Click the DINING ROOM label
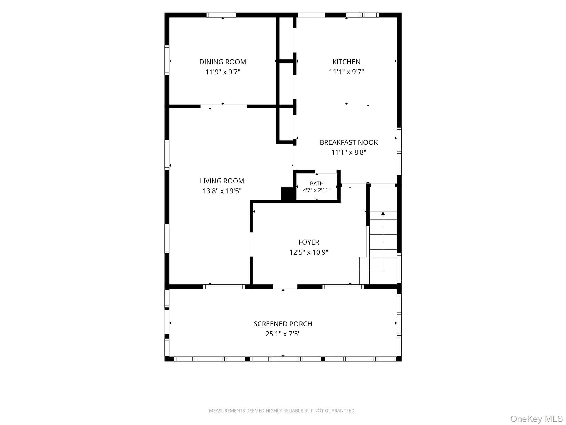[x=223, y=62]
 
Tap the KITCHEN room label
[x=346, y=62]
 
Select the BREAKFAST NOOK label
[x=349, y=142]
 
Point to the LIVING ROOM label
[x=222, y=181]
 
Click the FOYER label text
[x=309, y=242]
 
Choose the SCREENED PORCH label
[x=283, y=324]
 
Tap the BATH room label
[x=317, y=183]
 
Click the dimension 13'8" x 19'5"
[x=222, y=191]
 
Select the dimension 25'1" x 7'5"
[x=283, y=334]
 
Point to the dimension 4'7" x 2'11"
[x=317, y=190]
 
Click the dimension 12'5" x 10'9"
[x=309, y=252]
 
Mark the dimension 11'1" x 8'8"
[x=349, y=152]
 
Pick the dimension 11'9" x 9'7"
[x=223, y=72]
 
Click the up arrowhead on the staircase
[x=383, y=213]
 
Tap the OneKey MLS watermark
[x=536, y=419]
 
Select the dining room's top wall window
[x=221, y=15]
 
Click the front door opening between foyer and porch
[x=285, y=287]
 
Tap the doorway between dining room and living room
[x=224, y=106]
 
